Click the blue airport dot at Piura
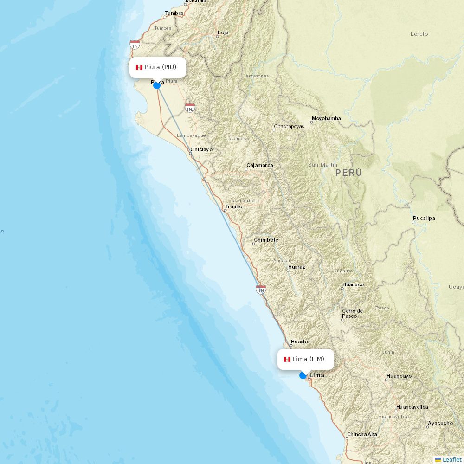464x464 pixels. pyautogui.click(x=157, y=85)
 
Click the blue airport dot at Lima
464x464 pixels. pyautogui.click(x=303, y=375)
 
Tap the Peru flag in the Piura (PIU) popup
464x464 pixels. pyautogui.click(x=139, y=68)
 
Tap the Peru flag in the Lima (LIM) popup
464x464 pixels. pyautogui.click(x=287, y=359)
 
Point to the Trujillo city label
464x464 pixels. pyautogui.click(x=234, y=206)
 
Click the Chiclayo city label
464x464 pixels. pyautogui.click(x=201, y=149)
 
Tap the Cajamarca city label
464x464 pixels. pyautogui.click(x=260, y=165)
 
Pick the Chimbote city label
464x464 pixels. pyautogui.click(x=266, y=240)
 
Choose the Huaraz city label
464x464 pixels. pyautogui.click(x=296, y=267)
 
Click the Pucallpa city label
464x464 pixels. pyautogui.click(x=424, y=218)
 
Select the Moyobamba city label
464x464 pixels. pyautogui.click(x=326, y=118)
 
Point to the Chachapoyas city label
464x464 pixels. pyautogui.click(x=289, y=126)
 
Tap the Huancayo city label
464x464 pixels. pyautogui.click(x=399, y=376)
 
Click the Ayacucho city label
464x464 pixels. pyautogui.click(x=440, y=423)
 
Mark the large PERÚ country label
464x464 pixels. pyautogui.click(x=348, y=173)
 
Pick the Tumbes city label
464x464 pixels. pyautogui.click(x=174, y=13)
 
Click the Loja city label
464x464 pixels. pyautogui.click(x=223, y=33)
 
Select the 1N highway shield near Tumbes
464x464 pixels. pyautogui.click(x=135, y=45)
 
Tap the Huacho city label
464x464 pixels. pyautogui.click(x=300, y=342)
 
